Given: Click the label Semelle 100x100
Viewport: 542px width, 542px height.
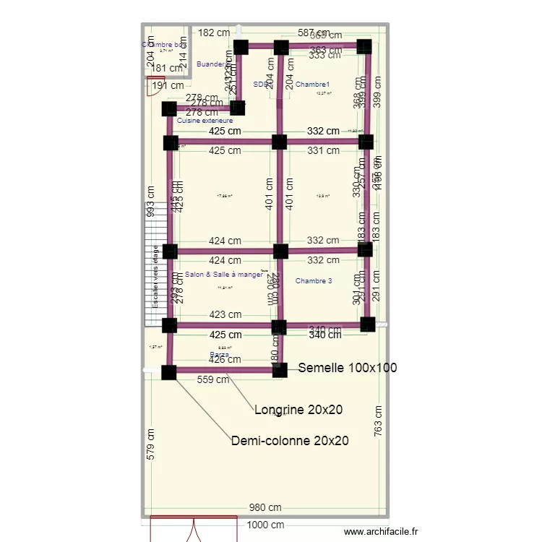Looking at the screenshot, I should point(348,368).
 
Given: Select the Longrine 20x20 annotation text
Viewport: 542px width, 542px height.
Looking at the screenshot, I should point(298,410).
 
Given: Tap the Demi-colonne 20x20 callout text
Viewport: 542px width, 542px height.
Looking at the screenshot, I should point(290,440).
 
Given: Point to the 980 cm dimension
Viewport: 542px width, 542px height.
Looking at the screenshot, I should point(265,508).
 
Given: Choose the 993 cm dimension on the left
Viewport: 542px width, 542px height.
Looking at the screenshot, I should point(150,202).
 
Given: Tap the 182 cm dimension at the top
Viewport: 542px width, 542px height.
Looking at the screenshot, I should point(214,33).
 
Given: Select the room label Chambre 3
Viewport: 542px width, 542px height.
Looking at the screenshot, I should point(314,280).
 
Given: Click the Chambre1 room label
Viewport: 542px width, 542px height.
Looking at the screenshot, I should point(312,85).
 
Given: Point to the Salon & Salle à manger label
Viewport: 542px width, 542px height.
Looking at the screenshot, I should point(224,275).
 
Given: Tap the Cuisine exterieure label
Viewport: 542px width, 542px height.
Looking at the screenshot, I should point(205,121).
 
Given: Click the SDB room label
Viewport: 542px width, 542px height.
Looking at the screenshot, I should point(260,85).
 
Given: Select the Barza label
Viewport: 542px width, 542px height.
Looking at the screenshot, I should point(219,354).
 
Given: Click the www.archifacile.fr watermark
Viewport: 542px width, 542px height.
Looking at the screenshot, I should point(381,531).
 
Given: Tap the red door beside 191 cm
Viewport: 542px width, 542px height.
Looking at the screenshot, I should point(156,86).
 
